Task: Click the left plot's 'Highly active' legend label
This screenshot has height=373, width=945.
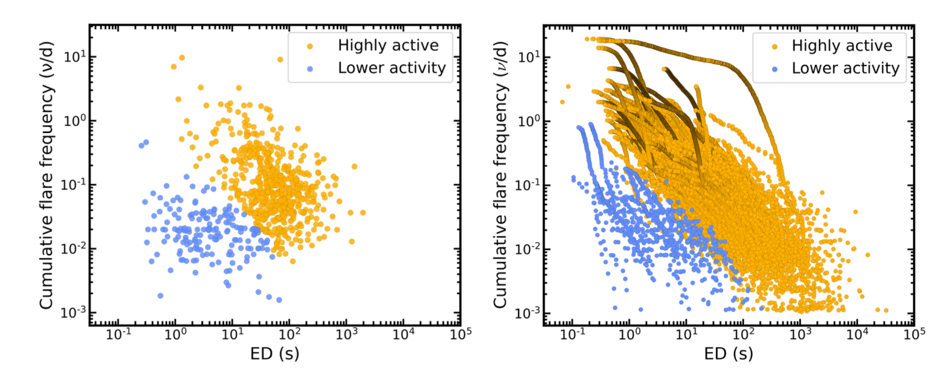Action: tap(388, 45)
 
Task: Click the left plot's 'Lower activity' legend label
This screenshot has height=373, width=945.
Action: tap(391, 68)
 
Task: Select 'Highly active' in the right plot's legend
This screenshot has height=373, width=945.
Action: tap(841, 46)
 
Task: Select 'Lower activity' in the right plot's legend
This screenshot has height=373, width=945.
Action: tap(845, 69)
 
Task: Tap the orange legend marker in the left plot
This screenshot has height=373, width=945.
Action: tap(310, 46)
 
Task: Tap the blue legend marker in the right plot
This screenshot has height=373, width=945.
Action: tap(774, 69)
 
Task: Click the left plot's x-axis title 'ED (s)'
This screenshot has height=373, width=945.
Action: tap(275, 353)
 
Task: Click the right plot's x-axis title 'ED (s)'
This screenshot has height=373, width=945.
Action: tap(728, 353)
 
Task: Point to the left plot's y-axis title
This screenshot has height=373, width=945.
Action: tap(46, 175)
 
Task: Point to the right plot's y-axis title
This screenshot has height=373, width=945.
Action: tap(500, 175)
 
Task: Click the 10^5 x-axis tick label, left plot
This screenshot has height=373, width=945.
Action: tap(461, 334)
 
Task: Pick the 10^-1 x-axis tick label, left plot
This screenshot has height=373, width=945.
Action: tap(118, 334)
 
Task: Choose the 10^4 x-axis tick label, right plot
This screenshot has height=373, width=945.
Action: tap(857, 334)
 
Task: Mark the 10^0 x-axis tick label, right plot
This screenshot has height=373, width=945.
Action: tap(629, 334)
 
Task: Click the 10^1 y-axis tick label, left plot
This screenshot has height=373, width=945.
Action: tap(74, 56)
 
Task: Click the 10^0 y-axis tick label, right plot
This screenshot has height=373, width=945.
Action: tap(528, 121)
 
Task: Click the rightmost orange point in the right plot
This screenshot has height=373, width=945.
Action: tap(886, 310)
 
